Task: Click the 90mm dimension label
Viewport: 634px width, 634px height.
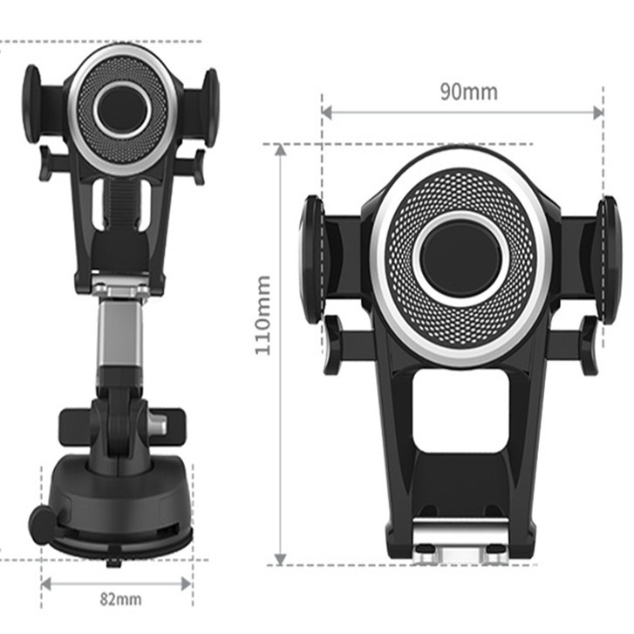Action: [468, 92]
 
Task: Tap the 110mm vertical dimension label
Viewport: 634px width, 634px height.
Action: [262, 316]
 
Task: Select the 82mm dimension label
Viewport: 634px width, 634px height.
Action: [120, 599]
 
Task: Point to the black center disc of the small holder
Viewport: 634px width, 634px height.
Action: [122, 108]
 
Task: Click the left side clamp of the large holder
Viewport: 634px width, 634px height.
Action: [312, 259]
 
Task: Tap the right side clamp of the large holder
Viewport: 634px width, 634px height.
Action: [610, 260]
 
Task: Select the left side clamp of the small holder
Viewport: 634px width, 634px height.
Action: [31, 104]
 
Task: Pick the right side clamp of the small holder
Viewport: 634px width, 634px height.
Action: [211, 107]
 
